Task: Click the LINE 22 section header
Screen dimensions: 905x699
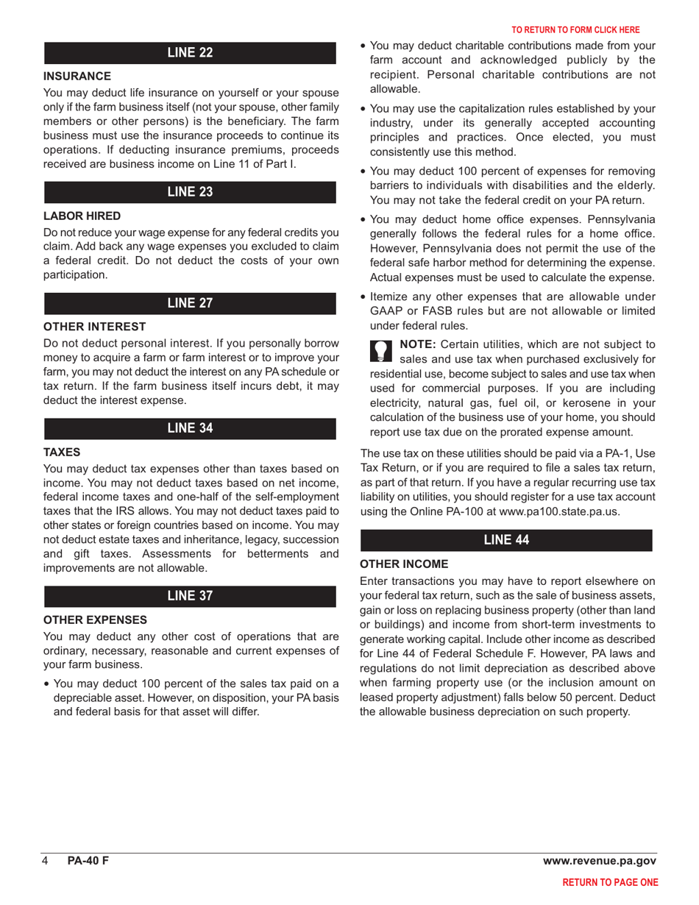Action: (191, 52)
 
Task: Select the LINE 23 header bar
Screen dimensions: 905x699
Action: (191, 192)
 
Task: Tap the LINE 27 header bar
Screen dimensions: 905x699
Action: (191, 303)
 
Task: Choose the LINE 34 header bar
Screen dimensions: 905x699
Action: (191, 429)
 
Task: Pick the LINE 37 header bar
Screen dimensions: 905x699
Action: (191, 597)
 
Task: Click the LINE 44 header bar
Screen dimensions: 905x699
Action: (505, 540)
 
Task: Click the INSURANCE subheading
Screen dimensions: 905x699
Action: (77, 76)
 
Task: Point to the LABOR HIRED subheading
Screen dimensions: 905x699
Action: (82, 216)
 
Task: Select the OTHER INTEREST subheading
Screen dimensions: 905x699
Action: (95, 326)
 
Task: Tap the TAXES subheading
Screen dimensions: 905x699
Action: (62, 452)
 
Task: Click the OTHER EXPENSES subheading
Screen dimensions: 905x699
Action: (96, 620)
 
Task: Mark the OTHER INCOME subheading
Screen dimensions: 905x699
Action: (404, 564)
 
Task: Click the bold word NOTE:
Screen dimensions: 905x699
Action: (416, 344)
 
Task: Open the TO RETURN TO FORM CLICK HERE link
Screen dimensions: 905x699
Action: (575, 30)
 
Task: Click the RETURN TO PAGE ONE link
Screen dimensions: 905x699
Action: (610, 883)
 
